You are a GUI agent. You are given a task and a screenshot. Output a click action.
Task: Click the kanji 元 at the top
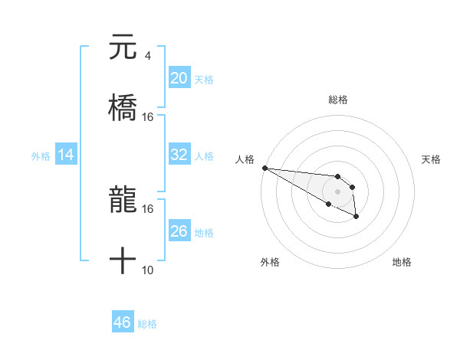[x=123, y=47]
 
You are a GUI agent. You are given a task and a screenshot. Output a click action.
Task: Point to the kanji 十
[x=123, y=261]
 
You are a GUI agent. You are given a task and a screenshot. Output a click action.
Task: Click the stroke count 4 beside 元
[x=147, y=55]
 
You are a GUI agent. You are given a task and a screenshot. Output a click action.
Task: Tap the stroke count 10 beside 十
[x=148, y=270]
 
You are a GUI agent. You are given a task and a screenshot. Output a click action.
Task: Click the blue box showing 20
[x=179, y=78]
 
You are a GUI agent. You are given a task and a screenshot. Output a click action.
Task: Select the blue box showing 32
[x=179, y=155]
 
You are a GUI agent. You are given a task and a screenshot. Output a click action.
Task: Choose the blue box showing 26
[x=179, y=231]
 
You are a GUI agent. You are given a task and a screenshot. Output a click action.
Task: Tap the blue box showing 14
[x=66, y=155]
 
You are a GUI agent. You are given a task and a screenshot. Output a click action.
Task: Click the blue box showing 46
[x=123, y=322]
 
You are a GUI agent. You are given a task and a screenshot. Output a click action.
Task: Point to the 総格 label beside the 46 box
[x=147, y=324]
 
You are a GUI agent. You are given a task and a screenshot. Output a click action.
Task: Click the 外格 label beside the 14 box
[x=41, y=156]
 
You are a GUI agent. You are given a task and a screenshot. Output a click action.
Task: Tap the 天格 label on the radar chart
[x=431, y=159]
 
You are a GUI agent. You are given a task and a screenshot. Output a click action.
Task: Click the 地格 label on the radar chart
[x=402, y=262]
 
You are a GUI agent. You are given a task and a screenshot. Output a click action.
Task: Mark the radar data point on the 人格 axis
[x=264, y=168]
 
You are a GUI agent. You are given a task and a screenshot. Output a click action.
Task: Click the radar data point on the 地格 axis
[x=356, y=217]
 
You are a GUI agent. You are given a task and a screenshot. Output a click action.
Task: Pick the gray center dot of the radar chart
[x=337, y=191]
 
